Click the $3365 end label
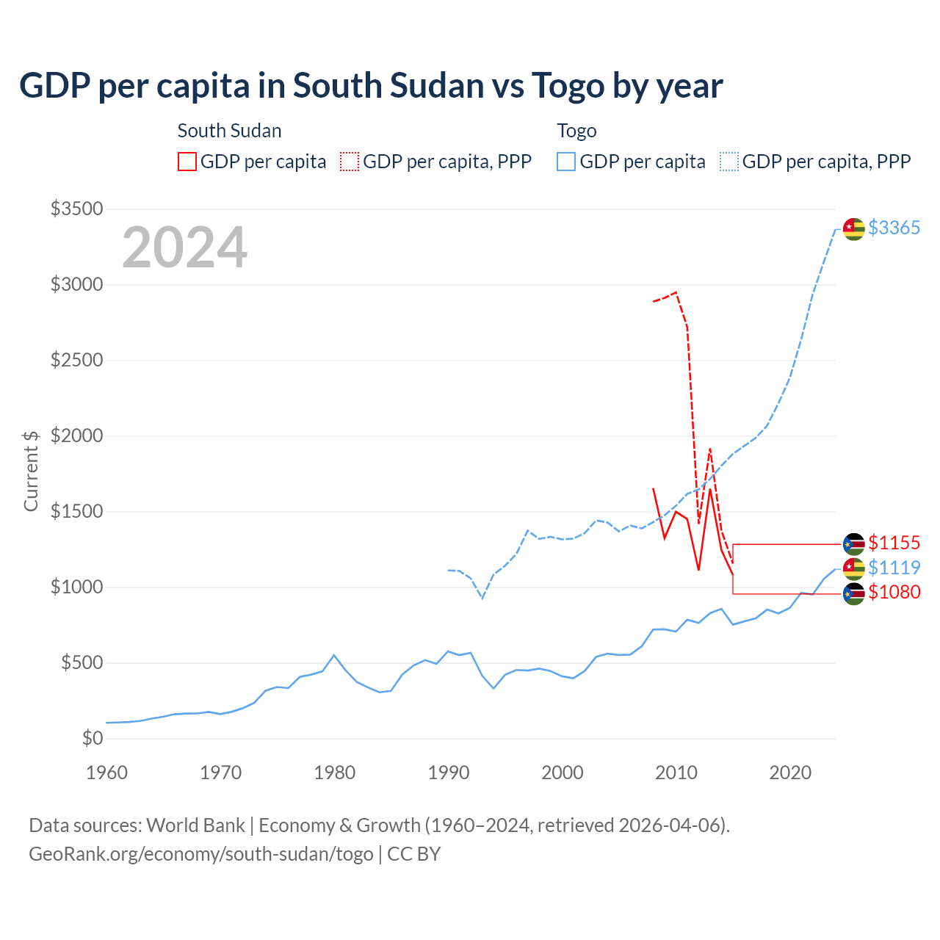(x=894, y=228)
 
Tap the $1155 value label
(x=894, y=543)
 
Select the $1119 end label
(x=894, y=568)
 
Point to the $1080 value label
(x=894, y=592)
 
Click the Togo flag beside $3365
(x=853, y=229)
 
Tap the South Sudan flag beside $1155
(x=853, y=544)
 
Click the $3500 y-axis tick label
(x=76, y=209)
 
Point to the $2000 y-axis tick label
(x=76, y=436)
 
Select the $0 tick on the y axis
(x=92, y=739)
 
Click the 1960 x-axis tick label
(x=106, y=773)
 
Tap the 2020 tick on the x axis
(x=790, y=773)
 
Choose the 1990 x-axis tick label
(x=449, y=773)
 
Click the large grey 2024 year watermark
(x=184, y=247)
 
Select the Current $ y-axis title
(x=31, y=471)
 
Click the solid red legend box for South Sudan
(x=187, y=162)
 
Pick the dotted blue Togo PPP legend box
(x=729, y=162)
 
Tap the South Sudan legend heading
(x=229, y=131)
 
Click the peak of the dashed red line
(x=676, y=292)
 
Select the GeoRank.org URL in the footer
(x=200, y=854)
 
